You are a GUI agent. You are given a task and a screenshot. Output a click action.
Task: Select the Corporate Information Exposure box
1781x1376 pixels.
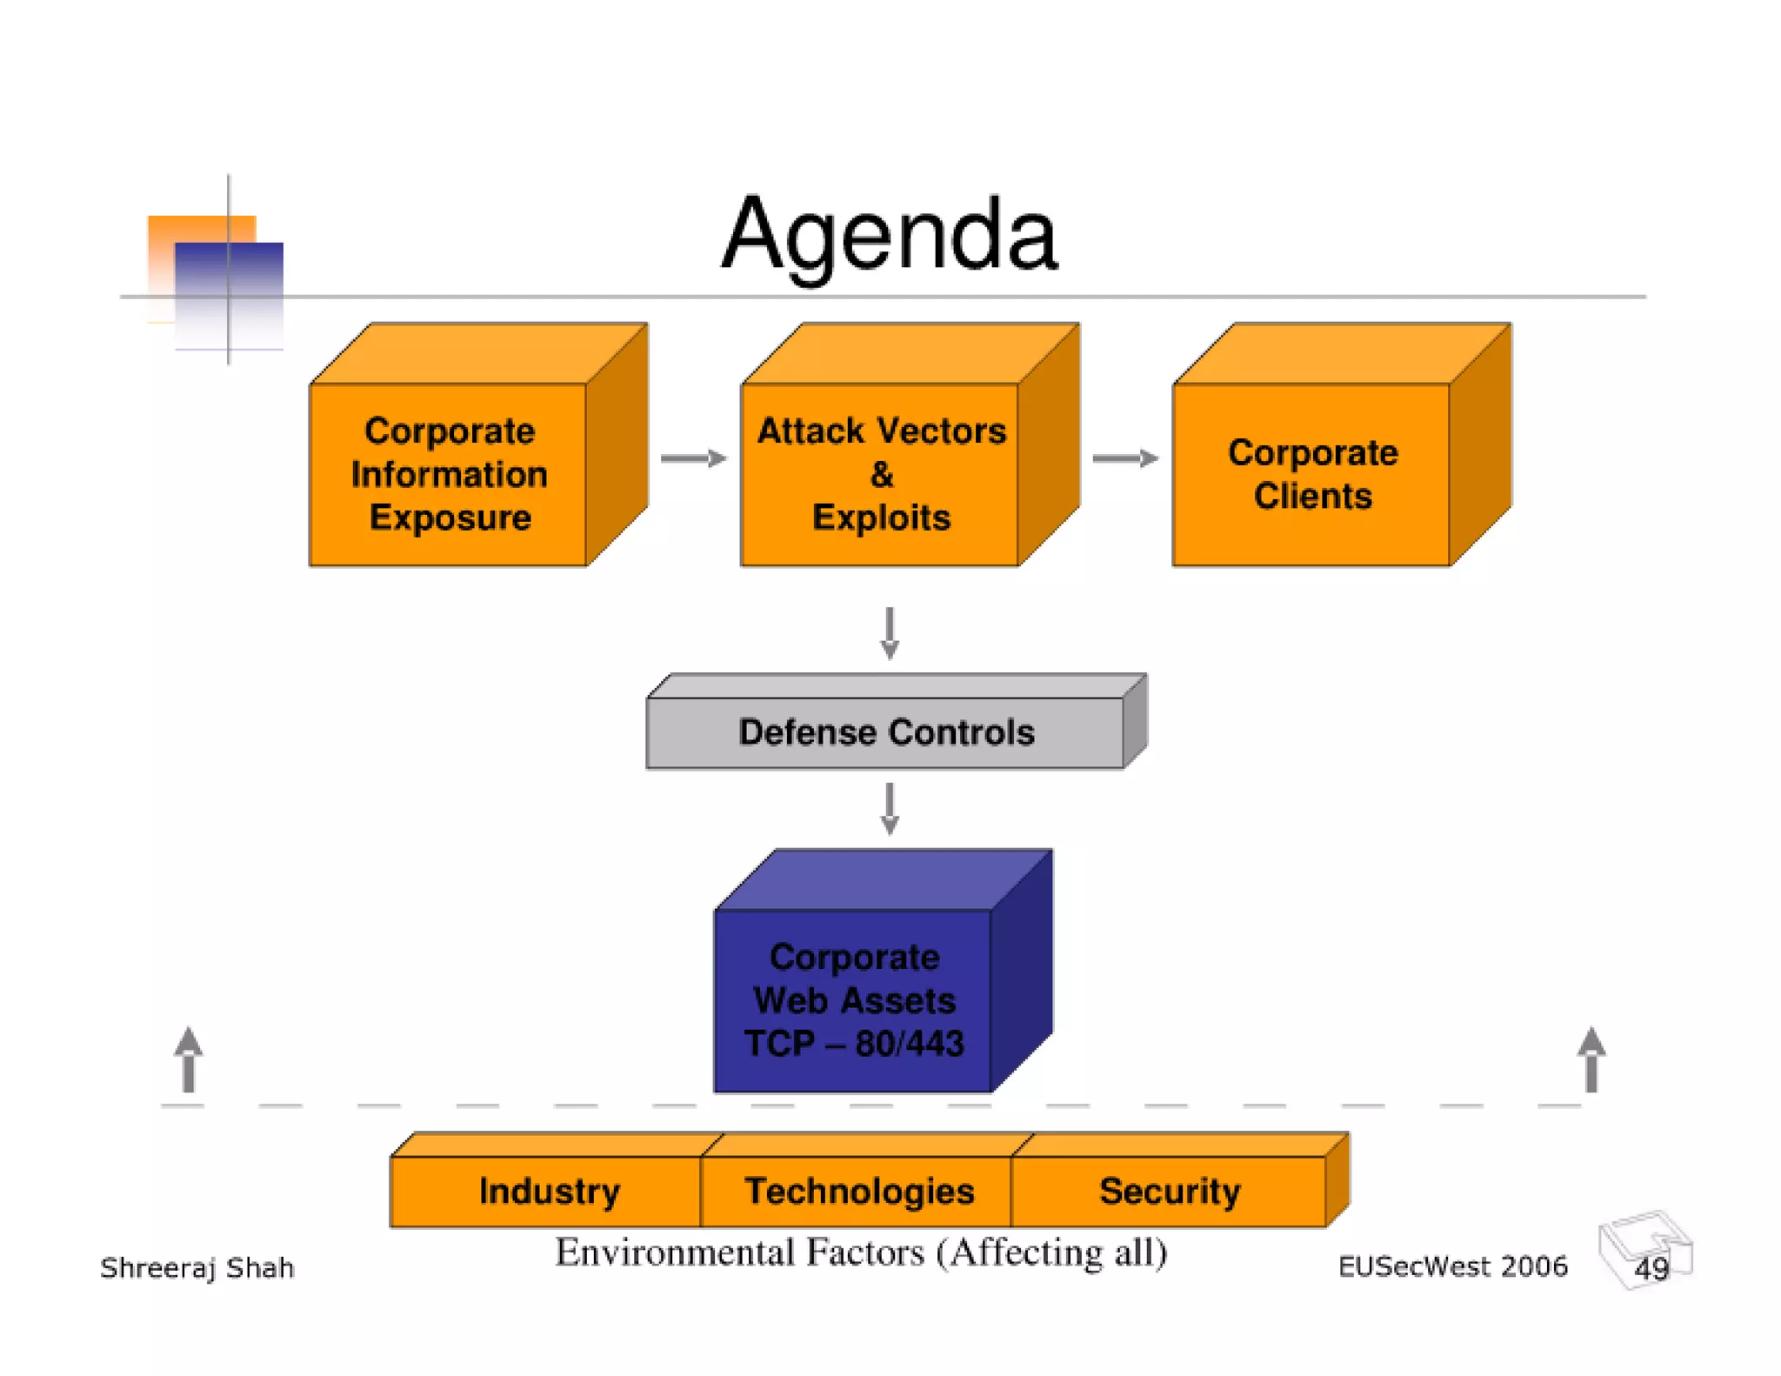tap(449, 474)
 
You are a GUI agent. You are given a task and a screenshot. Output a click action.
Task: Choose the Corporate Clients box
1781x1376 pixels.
tap(1312, 474)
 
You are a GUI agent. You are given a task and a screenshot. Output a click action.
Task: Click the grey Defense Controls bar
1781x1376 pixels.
tap(886, 732)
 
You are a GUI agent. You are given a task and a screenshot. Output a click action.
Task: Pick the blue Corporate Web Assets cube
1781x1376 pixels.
tap(854, 999)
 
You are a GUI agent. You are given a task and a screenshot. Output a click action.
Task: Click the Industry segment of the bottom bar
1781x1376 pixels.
tap(549, 1191)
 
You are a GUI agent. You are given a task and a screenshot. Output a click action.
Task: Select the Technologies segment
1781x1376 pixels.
tap(858, 1191)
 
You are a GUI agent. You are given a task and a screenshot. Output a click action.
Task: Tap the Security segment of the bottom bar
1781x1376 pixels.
tap(1169, 1191)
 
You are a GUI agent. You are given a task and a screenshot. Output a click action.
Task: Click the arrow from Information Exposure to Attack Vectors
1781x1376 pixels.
tap(693, 458)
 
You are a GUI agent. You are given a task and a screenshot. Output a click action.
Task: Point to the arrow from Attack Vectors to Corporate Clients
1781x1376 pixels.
tap(1124, 458)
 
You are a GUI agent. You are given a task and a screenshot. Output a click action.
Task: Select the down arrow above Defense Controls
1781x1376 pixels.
tap(889, 632)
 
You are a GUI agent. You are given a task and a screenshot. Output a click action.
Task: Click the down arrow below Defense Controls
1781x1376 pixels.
tap(889, 808)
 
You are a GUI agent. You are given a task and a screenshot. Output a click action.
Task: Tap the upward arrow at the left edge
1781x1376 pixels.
tap(188, 1059)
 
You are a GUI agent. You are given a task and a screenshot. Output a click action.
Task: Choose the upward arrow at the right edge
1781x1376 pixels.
tap(1591, 1059)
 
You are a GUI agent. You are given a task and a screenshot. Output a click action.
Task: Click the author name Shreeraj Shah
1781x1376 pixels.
tap(197, 1268)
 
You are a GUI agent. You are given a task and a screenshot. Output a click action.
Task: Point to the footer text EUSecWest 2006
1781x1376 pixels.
tap(1452, 1266)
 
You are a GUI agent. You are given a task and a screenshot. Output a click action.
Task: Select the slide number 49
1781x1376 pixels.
tap(1651, 1268)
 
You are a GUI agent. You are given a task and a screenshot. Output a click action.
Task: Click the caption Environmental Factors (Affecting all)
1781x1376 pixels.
tap(861, 1252)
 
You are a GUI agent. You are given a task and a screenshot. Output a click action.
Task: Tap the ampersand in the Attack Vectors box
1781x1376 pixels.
tap(881, 475)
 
